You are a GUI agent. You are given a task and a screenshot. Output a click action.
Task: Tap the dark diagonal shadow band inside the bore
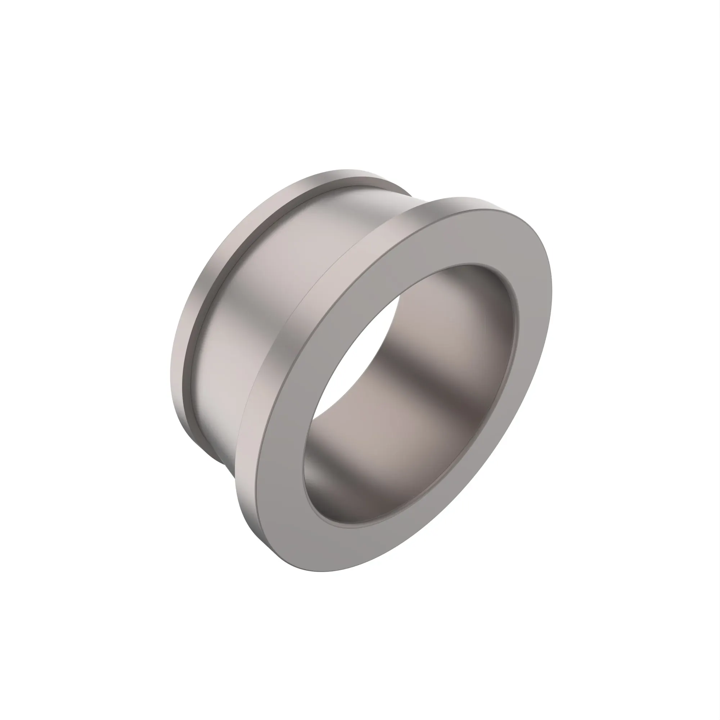[x=428, y=377]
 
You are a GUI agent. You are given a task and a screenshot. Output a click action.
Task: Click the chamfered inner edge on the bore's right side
[x=516, y=328]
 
